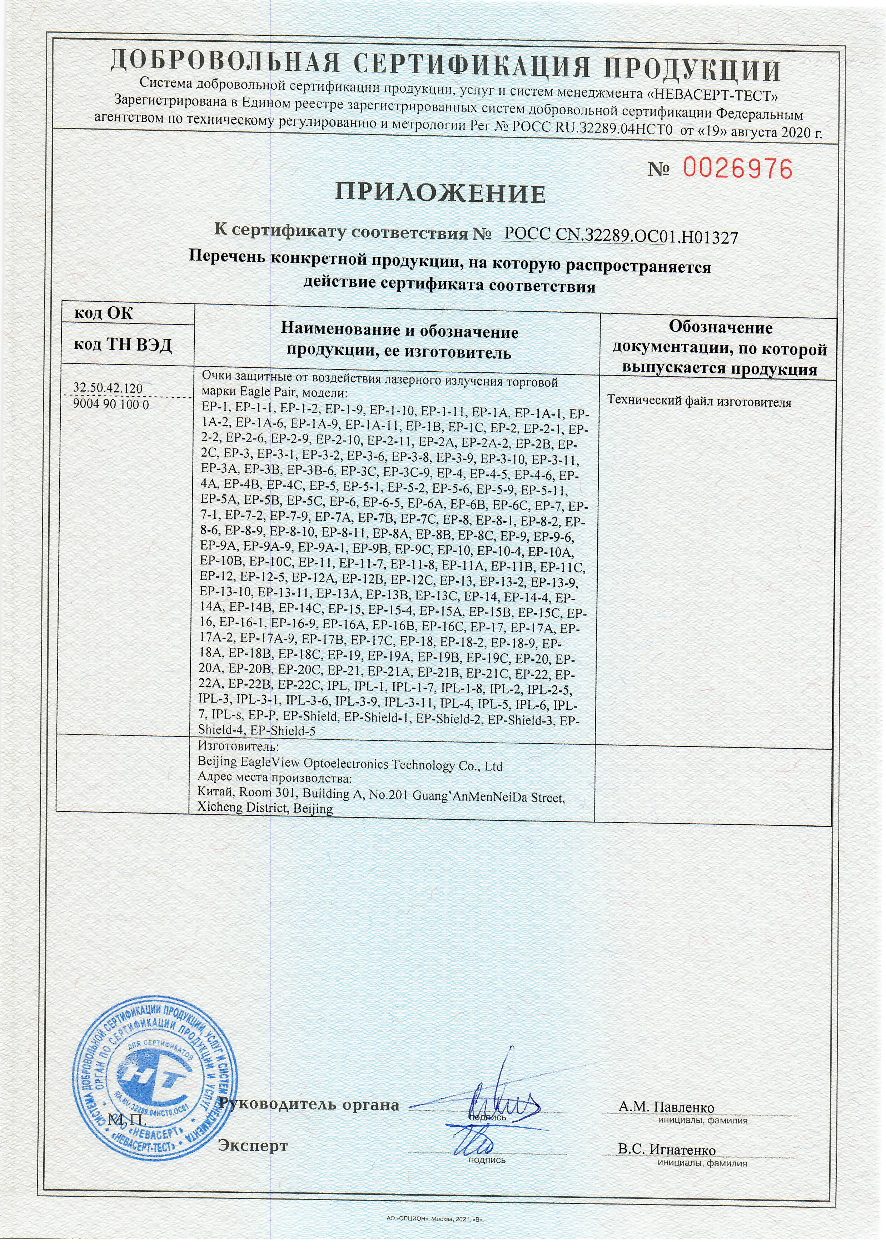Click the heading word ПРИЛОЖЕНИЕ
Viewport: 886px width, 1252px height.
point(440,193)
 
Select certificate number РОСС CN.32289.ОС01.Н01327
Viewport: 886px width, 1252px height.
point(621,236)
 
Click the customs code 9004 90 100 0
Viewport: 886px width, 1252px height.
point(111,405)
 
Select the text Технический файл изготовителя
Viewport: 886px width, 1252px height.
point(698,402)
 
